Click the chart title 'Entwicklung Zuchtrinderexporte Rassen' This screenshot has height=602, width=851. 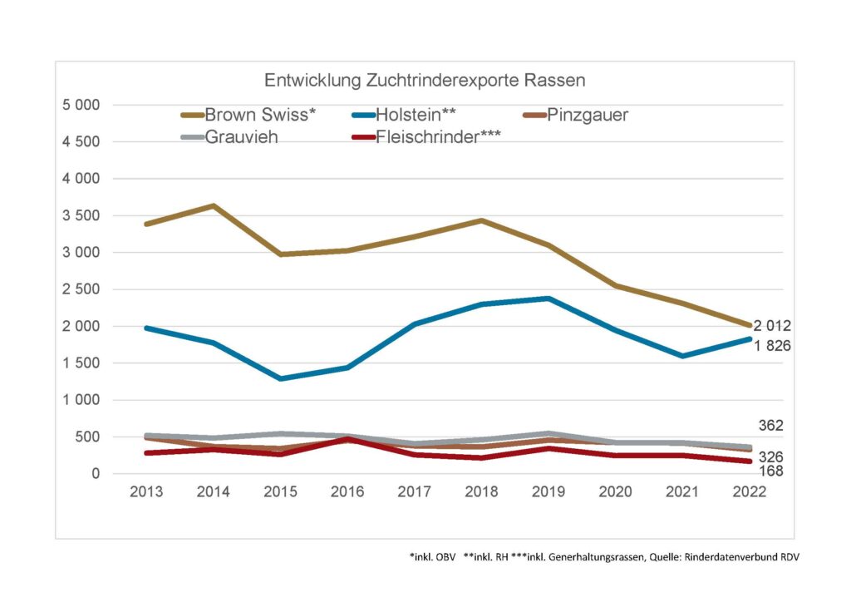coord(425,81)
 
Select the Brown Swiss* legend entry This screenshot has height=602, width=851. coord(249,116)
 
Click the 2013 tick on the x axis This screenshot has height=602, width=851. coord(146,492)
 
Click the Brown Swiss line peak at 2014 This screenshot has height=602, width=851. coord(214,205)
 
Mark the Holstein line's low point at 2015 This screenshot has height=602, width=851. coord(281,378)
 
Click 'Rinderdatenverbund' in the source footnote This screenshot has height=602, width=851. coord(729,555)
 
